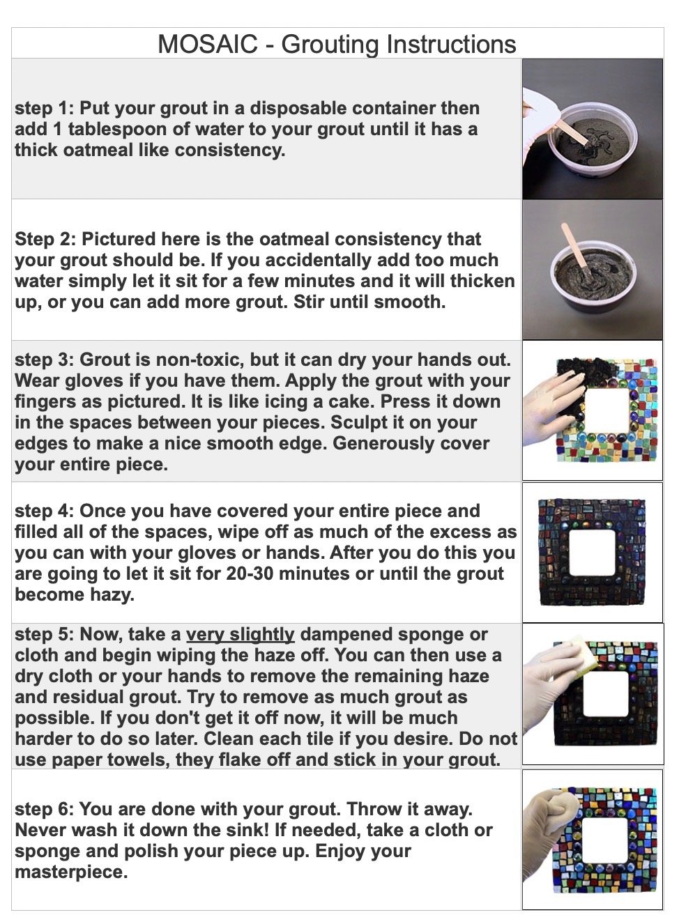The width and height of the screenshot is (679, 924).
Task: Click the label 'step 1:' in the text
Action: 44,109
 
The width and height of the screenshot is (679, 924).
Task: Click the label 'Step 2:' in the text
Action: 45,240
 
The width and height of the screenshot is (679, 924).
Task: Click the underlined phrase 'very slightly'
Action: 241,635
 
